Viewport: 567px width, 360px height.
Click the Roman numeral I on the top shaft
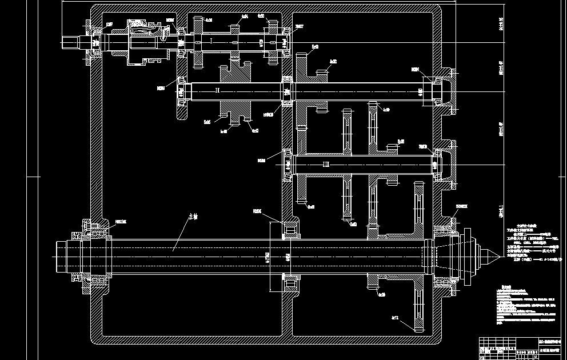211,41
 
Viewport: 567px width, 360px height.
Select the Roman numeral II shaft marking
217,90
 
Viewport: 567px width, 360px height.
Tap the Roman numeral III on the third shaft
326,165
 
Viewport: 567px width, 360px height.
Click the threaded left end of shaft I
72,42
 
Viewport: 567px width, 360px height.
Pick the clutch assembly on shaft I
143,41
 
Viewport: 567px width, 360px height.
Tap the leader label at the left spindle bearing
120,221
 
